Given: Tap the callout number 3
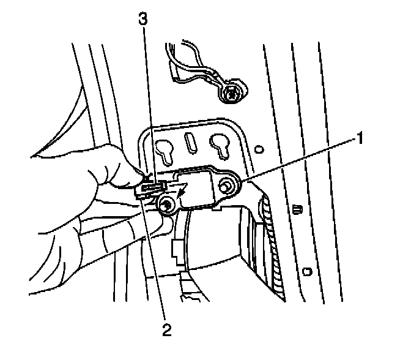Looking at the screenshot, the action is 143,19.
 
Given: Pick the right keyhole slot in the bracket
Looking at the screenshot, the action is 219,145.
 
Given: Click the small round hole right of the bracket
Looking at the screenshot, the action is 260,149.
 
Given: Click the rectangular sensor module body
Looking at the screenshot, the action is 199,187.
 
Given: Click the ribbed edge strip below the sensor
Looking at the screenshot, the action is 274,245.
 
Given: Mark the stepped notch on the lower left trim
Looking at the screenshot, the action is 177,248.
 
